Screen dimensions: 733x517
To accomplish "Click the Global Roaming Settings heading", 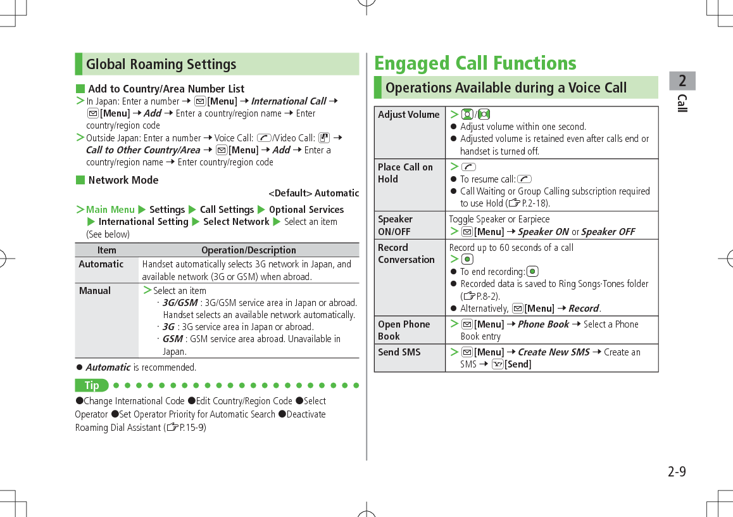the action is pyautogui.click(x=161, y=65).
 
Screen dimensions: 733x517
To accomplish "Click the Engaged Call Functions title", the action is pyautogui.click(x=475, y=63).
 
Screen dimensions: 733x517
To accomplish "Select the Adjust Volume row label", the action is pyautogui.click(x=408, y=115).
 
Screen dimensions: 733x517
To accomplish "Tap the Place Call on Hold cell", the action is pyautogui.click(x=405, y=173).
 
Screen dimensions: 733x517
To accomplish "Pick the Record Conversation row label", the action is pyautogui.click(x=406, y=253).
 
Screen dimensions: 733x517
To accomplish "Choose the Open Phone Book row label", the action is pyautogui.click(x=404, y=330).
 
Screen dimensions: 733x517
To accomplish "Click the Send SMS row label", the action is pyautogui.click(x=399, y=352).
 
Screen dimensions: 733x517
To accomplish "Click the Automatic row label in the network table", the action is pyautogui.click(x=101, y=264).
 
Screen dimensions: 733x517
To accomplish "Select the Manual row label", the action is pyautogui.click(x=94, y=291).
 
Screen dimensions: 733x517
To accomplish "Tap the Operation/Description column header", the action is pyautogui.click(x=248, y=250).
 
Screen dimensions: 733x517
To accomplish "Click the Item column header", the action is pyautogui.click(x=106, y=250).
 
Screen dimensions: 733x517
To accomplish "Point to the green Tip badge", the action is pyautogui.click(x=92, y=385).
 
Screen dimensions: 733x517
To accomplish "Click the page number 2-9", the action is pyautogui.click(x=676, y=472).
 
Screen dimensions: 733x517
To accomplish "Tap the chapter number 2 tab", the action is pyautogui.click(x=682, y=81).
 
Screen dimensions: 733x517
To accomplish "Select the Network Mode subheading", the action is pyautogui.click(x=123, y=180).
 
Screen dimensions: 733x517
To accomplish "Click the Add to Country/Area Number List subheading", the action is pyautogui.click(x=166, y=89).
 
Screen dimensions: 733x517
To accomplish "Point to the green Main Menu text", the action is pyautogui.click(x=110, y=210).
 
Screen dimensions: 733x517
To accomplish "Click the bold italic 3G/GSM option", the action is pyautogui.click(x=180, y=303).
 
